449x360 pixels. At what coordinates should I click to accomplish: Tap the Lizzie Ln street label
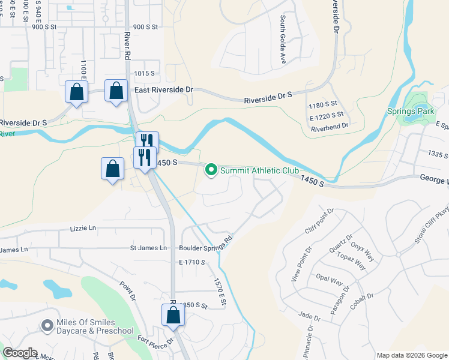[x=83, y=228]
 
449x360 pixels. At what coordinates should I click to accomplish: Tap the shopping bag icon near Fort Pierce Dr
[x=173, y=316]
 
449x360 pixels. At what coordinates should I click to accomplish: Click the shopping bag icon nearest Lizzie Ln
[x=113, y=169]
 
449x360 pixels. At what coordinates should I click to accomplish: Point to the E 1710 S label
[x=191, y=262]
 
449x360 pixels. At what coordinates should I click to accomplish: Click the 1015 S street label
[x=145, y=73]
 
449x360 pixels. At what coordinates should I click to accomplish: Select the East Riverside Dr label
[x=164, y=89]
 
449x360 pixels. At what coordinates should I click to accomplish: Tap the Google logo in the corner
[x=19, y=353]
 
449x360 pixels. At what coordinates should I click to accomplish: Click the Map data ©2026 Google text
[x=411, y=355]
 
